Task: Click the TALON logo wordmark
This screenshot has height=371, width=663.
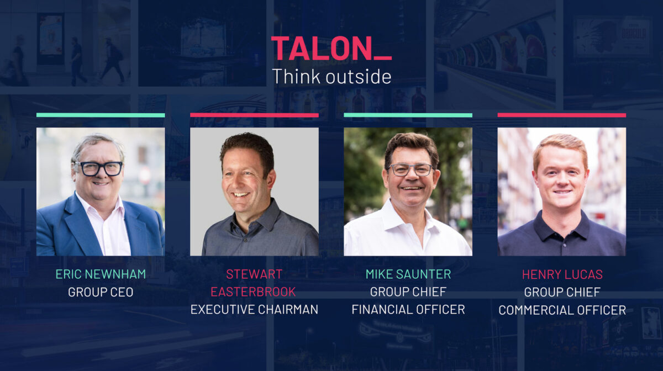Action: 331,48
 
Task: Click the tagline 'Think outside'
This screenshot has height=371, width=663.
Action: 331,76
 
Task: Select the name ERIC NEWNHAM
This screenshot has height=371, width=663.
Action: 101,274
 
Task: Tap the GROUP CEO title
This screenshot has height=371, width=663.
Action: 101,292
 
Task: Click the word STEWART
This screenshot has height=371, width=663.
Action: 254,274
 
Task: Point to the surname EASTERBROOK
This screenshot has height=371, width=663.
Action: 253,292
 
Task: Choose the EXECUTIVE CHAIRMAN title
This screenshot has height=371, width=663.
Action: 254,310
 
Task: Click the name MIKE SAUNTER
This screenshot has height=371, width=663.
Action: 408,274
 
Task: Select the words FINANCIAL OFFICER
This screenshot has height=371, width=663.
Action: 408,310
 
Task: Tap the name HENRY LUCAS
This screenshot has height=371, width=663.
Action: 562,274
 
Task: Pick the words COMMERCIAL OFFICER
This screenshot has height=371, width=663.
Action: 562,310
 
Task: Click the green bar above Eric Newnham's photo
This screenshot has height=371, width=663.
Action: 101,115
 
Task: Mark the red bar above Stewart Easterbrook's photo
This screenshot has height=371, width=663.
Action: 254,115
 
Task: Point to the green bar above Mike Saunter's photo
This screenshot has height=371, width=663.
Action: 408,115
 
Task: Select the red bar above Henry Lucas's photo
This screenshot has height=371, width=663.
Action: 562,115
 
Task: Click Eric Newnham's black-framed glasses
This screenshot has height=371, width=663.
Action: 98,168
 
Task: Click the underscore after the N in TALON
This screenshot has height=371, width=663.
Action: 383,59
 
